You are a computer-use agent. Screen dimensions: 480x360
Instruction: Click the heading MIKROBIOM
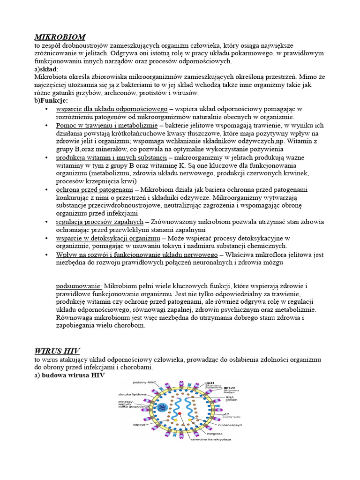click(x=60, y=37)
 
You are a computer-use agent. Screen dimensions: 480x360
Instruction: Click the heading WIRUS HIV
click(x=57, y=351)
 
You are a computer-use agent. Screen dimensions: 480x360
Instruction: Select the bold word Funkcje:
click(x=54, y=100)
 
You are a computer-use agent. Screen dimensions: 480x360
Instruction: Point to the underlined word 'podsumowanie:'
click(x=79, y=285)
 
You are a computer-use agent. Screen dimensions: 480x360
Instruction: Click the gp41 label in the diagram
click(x=209, y=383)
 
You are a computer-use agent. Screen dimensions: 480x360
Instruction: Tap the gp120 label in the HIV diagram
click(x=229, y=388)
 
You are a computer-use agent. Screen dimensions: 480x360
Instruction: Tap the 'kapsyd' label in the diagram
click(x=126, y=424)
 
